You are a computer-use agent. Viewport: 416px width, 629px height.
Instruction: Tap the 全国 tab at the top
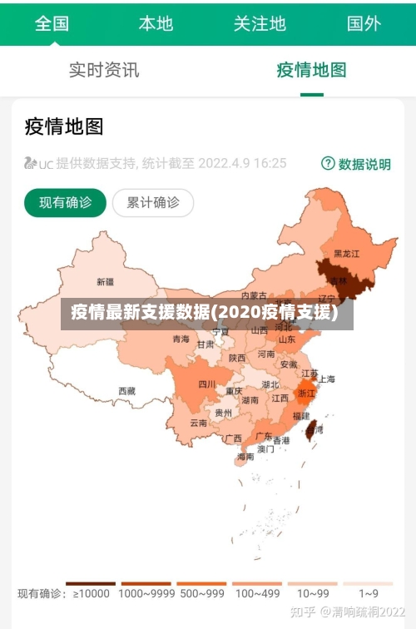(52, 22)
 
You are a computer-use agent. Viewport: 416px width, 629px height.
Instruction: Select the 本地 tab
(156, 22)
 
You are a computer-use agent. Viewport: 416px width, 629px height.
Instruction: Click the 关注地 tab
(260, 22)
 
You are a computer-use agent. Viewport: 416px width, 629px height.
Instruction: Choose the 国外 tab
(364, 22)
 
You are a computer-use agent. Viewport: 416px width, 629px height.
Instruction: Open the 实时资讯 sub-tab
(104, 70)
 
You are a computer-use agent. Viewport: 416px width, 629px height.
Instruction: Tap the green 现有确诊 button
(65, 202)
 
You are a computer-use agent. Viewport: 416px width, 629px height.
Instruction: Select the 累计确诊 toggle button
(152, 202)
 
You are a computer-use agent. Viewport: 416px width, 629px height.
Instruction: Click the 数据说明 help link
(356, 164)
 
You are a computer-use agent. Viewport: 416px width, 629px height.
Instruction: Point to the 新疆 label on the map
(106, 281)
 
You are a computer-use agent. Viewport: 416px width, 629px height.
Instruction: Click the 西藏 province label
(126, 390)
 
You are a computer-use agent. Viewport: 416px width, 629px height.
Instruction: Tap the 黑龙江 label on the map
(346, 253)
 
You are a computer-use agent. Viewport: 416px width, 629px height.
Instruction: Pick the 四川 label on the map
(206, 384)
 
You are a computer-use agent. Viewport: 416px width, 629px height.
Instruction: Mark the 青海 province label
(181, 339)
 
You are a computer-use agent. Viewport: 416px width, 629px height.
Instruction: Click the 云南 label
(198, 423)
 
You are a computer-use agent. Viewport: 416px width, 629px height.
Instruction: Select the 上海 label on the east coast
(326, 379)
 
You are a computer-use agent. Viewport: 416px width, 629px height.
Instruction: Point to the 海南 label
(245, 457)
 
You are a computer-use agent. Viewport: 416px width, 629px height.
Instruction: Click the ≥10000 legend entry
(91, 593)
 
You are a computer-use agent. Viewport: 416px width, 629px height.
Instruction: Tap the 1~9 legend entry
(369, 593)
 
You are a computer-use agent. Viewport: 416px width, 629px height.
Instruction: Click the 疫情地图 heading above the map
(64, 126)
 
